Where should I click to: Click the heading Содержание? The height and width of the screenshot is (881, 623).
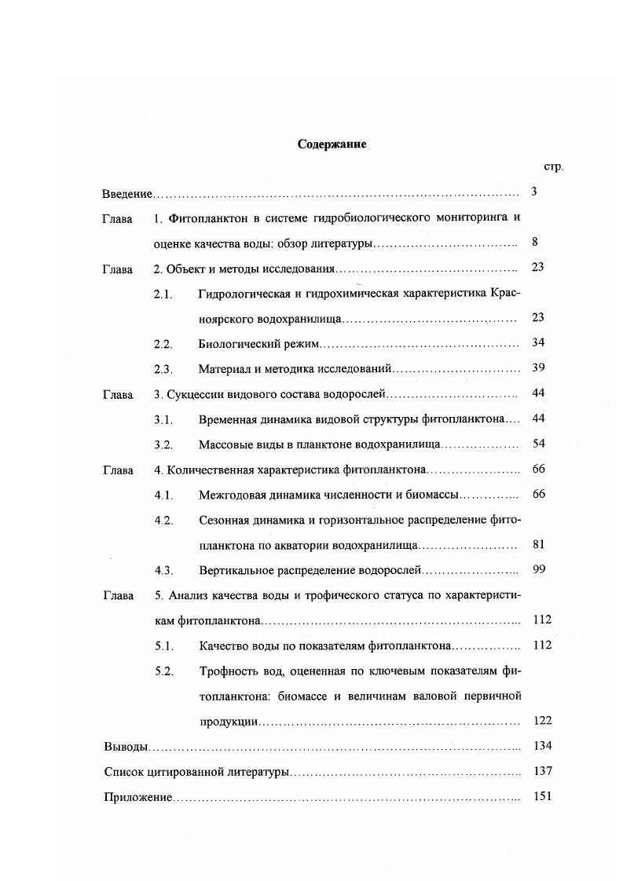pos(332,144)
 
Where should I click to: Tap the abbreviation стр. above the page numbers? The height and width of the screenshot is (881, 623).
pos(553,166)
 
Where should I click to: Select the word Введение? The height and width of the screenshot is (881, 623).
pos(127,193)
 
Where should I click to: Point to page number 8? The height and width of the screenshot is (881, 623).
pos(534,243)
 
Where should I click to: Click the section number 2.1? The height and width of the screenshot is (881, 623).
pos(163,293)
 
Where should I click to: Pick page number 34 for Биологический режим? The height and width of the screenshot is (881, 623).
pos(537,343)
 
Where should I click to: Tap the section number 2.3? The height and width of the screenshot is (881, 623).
pos(163,368)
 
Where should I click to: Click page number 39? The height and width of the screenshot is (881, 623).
pos(537,368)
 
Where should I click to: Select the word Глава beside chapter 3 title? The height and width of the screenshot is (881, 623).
pos(117,393)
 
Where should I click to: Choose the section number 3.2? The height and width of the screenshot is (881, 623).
pos(163,444)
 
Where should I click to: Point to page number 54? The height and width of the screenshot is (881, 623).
pos(537,444)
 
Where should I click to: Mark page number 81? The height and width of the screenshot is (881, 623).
pos(537,544)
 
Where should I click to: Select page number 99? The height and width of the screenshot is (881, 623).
pos(537,569)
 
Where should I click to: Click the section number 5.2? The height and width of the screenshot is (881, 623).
pos(163,671)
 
